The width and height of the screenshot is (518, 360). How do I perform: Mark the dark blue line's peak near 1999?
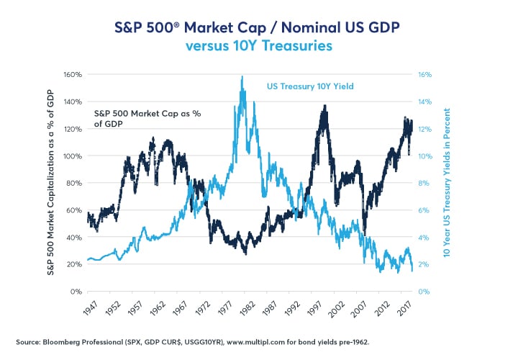[x=325, y=106]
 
